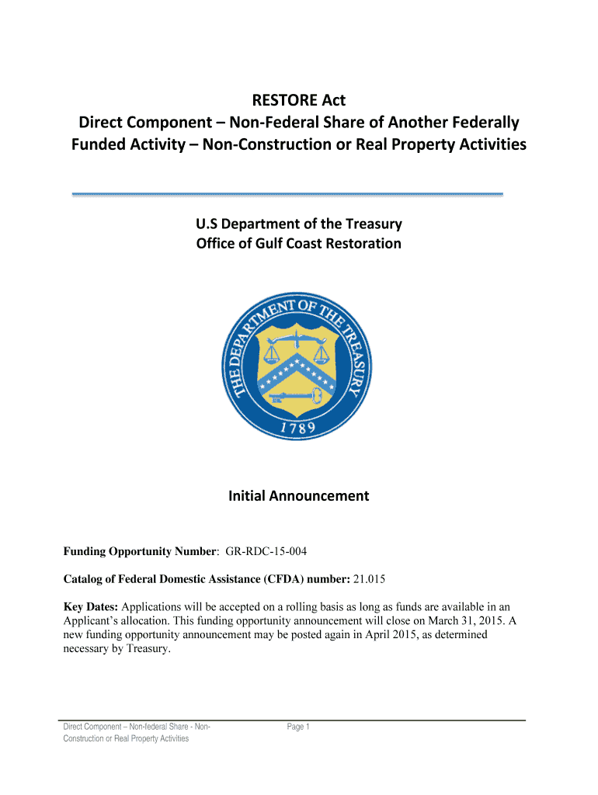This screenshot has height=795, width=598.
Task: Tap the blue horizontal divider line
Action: click(x=287, y=193)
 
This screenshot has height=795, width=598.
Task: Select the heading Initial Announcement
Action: click(x=298, y=495)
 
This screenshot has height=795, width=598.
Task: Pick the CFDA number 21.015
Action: click(x=370, y=579)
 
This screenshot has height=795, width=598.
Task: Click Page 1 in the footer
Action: click(x=298, y=727)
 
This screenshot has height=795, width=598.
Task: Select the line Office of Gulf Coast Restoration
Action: click(x=298, y=244)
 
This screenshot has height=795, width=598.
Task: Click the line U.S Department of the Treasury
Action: click(x=298, y=224)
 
